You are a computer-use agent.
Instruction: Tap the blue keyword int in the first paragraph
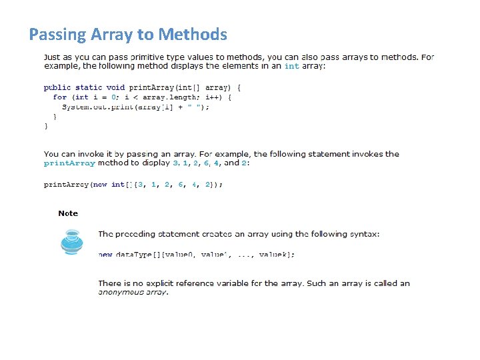click(x=292, y=66)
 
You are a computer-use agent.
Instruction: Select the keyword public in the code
click(x=57, y=87)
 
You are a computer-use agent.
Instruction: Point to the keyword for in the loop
click(x=59, y=97)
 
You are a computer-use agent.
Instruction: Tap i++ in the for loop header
click(x=214, y=97)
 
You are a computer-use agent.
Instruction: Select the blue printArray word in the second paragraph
click(x=69, y=163)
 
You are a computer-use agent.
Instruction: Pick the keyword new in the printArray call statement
click(x=100, y=185)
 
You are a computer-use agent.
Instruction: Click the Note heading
click(x=68, y=213)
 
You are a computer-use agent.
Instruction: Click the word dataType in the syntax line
click(x=133, y=255)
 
